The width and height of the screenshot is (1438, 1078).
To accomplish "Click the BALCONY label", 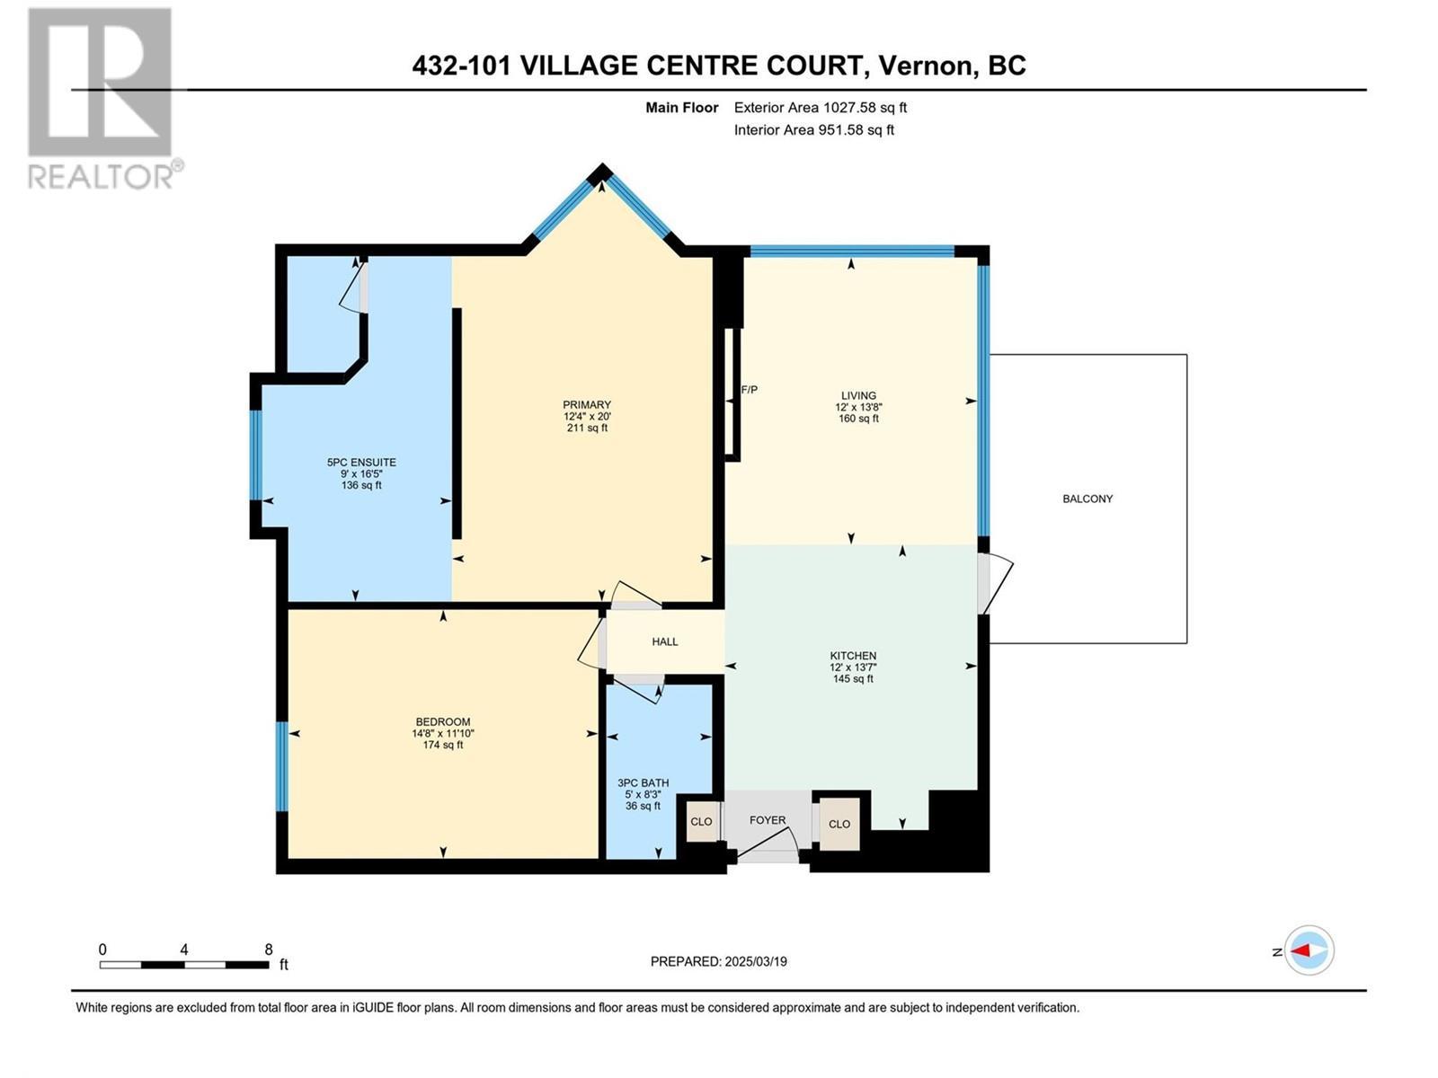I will pyautogui.click(x=1087, y=499).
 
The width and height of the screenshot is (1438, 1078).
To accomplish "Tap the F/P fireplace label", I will pyautogui.click(x=749, y=390).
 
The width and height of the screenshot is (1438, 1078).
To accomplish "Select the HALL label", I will pyautogui.click(x=665, y=641).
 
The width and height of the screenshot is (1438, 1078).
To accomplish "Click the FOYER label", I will pyautogui.click(x=768, y=820).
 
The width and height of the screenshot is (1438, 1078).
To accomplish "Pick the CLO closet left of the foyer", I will pyautogui.click(x=701, y=822).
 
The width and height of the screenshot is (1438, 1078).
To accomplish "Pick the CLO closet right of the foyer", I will pyautogui.click(x=839, y=824).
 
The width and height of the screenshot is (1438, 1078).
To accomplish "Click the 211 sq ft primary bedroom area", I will pyautogui.click(x=586, y=429).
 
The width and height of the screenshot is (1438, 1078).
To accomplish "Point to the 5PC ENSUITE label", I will pyautogui.click(x=361, y=463).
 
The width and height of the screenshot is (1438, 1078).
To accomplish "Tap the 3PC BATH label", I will pyautogui.click(x=643, y=782).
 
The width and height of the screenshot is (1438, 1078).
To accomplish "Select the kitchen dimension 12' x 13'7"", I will pyautogui.click(x=853, y=667).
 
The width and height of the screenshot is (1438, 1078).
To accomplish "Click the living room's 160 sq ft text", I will pyautogui.click(x=858, y=419).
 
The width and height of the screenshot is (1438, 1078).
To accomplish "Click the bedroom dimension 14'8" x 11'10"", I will pyautogui.click(x=443, y=733).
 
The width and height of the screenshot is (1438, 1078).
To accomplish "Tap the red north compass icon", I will pyautogui.click(x=1309, y=950).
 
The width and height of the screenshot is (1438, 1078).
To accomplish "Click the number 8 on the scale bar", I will pyautogui.click(x=269, y=949).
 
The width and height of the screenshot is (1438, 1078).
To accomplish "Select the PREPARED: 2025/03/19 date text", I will pyautogui.click(x=718, y=961).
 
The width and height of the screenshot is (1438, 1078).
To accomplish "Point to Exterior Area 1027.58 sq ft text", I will pyautogui.click(x=820, y=108).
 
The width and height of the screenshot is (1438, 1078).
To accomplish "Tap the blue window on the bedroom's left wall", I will pyautogui.click(x=282, y=766).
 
